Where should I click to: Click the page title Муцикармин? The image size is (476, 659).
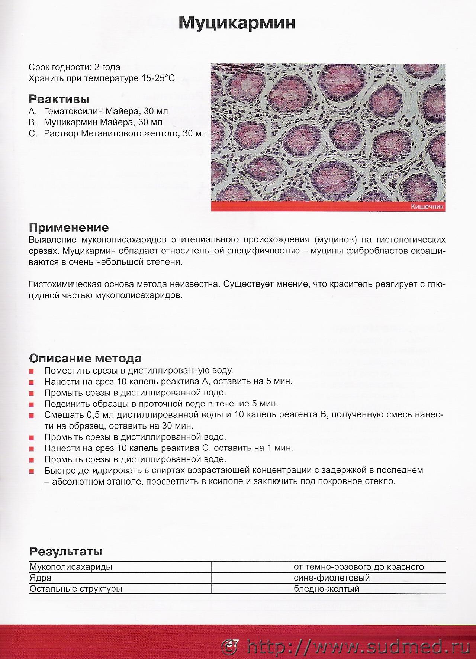coord(237,23)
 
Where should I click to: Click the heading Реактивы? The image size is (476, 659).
coord(59,99)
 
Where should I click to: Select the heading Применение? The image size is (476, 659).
coord(69,227)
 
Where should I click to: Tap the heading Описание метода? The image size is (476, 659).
coord(85,358)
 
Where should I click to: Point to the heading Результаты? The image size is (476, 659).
coord(66,551)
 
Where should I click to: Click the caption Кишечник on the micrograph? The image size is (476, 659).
coord(427,207)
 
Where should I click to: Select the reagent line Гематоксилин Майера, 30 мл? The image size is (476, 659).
coord(106,111)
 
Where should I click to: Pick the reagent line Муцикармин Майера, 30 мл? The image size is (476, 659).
coord(103,122)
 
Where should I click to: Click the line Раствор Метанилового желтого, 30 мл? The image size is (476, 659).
coord(125,133)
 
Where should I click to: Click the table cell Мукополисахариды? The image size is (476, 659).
coord(71,567)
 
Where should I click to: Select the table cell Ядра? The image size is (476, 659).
coord(41,578)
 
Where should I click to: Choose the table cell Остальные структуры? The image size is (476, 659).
coord(76,589)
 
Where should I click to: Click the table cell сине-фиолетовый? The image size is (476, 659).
coord(331,578)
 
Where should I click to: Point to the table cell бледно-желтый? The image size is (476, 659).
coord(326,589)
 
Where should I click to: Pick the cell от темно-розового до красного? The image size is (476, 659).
coord(358,567)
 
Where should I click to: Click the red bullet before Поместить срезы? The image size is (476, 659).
coord(32,371)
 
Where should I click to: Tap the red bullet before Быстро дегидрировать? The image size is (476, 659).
coord(32,471)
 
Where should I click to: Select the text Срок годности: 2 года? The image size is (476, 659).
coord(74,67)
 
